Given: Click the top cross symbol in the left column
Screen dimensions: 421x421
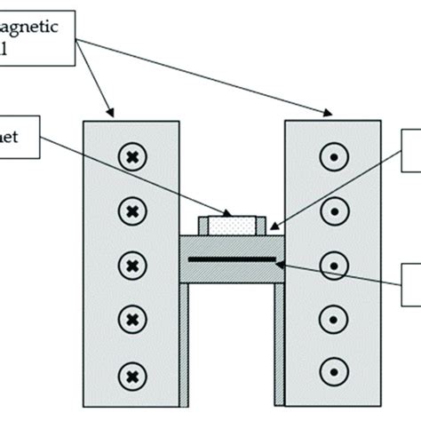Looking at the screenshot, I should tap(131, 157).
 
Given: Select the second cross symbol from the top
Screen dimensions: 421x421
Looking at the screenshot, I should tap(131, 211).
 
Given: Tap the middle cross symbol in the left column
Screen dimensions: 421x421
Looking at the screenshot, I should tap(131, 265).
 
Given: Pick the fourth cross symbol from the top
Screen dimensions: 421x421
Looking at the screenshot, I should tap(131, 318).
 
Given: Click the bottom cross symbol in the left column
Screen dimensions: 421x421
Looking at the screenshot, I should tap(131, 371).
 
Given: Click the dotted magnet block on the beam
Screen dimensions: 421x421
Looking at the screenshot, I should tap(231, 226).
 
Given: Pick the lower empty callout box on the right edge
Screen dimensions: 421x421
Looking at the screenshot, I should tap(412, 284).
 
